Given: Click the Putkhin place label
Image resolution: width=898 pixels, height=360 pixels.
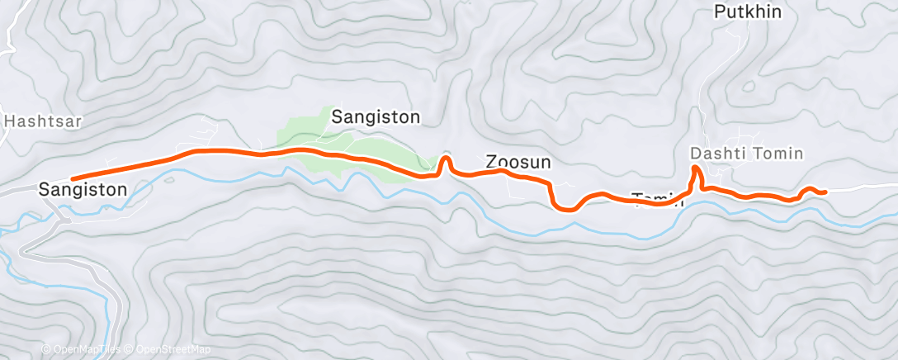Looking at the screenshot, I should pos(747,12).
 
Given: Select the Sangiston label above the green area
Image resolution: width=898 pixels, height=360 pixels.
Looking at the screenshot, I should pos(376,117).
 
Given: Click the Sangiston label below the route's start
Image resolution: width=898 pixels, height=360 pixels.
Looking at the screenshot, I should pos(83,190).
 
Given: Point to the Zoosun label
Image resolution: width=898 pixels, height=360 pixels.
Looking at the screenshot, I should pos(518,162).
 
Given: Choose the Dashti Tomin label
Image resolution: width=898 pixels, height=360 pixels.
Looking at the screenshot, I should pos(746,154).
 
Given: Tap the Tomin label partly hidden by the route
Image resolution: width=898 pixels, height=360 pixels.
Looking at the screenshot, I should pos(658,197).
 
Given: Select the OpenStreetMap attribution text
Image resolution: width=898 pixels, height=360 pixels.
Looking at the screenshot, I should pos(173,349).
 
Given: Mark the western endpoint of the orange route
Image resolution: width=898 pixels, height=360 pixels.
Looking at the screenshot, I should pos(73,178).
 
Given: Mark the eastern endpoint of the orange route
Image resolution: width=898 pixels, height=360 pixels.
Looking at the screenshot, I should pos(825,192).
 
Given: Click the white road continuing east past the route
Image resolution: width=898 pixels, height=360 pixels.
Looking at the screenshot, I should pos(863,189).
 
